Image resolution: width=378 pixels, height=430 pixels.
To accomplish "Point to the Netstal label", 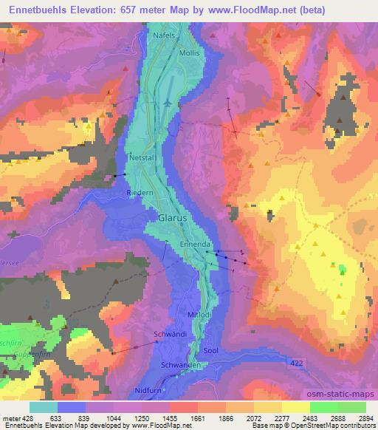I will click(143, 158).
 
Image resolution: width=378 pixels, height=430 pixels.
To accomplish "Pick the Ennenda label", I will click(196, 244).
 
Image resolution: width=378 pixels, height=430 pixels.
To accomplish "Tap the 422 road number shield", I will click(296, 361).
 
